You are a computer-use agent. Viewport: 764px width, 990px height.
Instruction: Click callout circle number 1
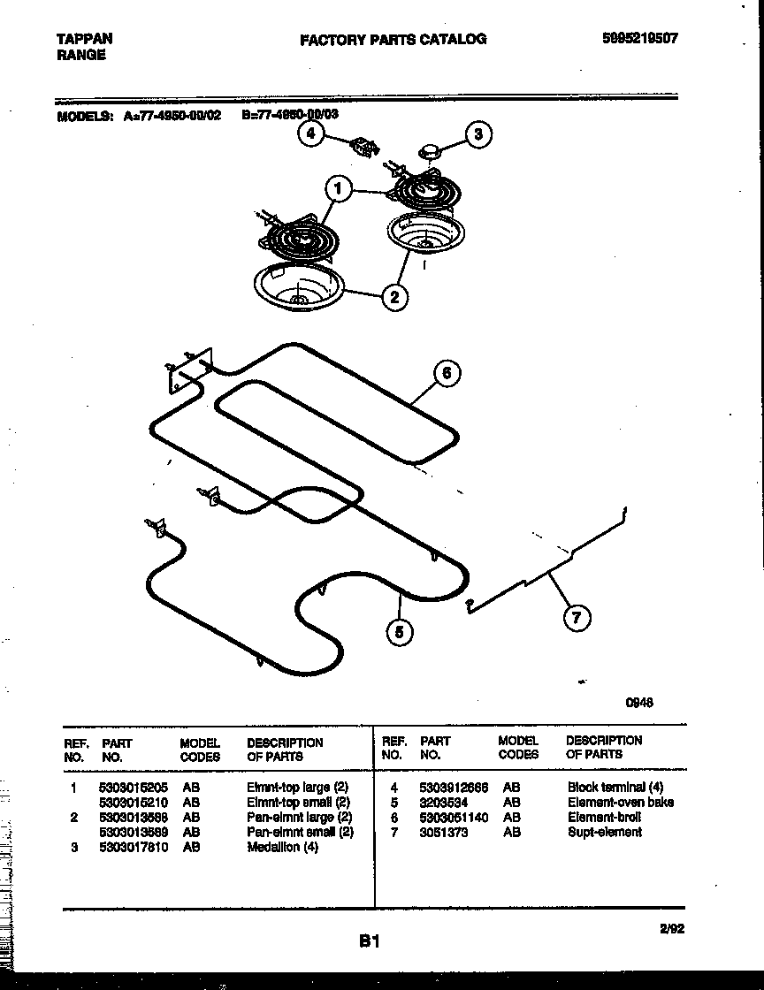click(x=336, y=187)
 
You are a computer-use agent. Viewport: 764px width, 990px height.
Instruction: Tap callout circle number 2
click(x=394, y=296)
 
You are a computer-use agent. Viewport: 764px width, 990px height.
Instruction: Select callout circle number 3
click(x=477, y=134)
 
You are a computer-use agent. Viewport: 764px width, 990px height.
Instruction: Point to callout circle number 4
click(x=309, y=133)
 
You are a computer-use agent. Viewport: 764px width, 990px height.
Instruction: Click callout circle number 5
click(x=400, y=632)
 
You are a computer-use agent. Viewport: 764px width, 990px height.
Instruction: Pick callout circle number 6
click(x=447, y=373)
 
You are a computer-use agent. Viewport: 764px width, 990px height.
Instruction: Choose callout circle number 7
click(x=577, y=618)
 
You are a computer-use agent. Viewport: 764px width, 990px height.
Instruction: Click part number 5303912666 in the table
click(x=453, y=787)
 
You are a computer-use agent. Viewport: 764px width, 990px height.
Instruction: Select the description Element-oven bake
click(x=620, y=802)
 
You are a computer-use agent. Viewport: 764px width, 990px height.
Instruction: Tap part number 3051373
click(x=444, y=832)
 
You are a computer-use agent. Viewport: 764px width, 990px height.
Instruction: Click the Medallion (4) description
click(x=282, y=847)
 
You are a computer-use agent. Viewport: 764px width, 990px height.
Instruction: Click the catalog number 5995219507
click(x=640, y=39)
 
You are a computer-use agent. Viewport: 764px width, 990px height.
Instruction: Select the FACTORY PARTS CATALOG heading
click(x=393, y=39)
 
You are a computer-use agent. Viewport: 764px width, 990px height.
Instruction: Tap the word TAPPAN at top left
click(x=84, y=39)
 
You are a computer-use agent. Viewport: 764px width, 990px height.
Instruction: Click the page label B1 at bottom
click(x=369, y=941)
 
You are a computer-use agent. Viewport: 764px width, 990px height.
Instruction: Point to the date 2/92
click(x=671, y=927)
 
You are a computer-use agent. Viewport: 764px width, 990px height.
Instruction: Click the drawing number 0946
click(x=639, y=703)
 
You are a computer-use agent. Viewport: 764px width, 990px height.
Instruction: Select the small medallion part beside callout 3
click(x=430, y=151)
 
